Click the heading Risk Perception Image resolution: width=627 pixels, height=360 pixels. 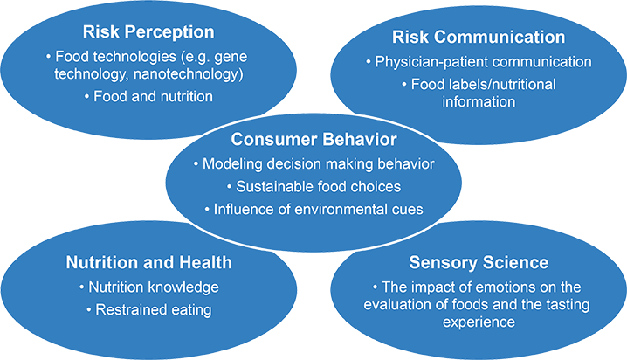148,33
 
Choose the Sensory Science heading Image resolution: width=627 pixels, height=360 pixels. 477,263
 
